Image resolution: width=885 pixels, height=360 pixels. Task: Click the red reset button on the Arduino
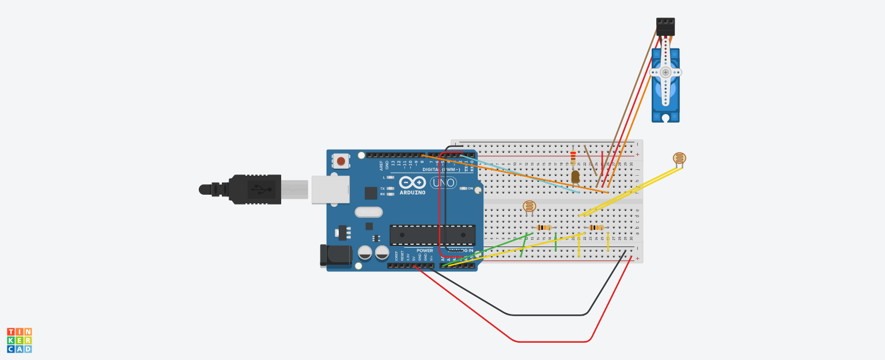341,161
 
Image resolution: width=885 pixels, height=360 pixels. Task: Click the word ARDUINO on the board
413,192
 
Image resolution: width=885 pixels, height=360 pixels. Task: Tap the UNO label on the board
443,183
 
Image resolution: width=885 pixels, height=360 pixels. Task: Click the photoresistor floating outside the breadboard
680,158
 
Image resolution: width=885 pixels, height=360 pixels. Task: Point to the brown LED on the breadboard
575,176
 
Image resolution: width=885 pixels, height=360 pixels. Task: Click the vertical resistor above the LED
573,157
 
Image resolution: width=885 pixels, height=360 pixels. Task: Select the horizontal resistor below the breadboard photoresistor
544,228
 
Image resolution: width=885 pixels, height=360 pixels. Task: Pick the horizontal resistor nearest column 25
596,228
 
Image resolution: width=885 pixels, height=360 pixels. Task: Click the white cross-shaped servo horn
665,72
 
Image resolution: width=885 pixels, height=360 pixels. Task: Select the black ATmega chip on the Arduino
432,235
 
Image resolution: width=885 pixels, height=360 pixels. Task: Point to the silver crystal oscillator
369,212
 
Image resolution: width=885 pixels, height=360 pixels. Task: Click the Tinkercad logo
20,340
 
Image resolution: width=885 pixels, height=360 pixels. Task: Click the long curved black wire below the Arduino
547,314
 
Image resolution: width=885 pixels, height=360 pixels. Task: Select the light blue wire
519,175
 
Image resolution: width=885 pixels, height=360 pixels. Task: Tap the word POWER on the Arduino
425,251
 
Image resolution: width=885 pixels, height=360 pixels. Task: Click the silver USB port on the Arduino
330,190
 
